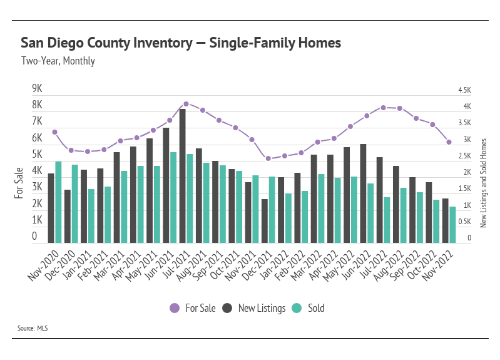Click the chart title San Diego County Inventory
click(181, 43)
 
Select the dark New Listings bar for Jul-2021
click(183, 176)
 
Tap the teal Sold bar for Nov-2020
click(58, 202)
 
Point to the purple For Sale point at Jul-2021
click(186, 104)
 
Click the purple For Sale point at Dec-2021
click(268, 158)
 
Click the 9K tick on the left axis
click(37, 88)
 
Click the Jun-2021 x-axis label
click(156, 264)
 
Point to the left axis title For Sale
click(19, 183)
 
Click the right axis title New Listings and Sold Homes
click(483, 183)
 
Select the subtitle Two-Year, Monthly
click(58, 61)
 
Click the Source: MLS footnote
click(33, 327)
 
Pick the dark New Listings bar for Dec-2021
click(265, 221)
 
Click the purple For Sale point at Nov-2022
click(449, 142)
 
